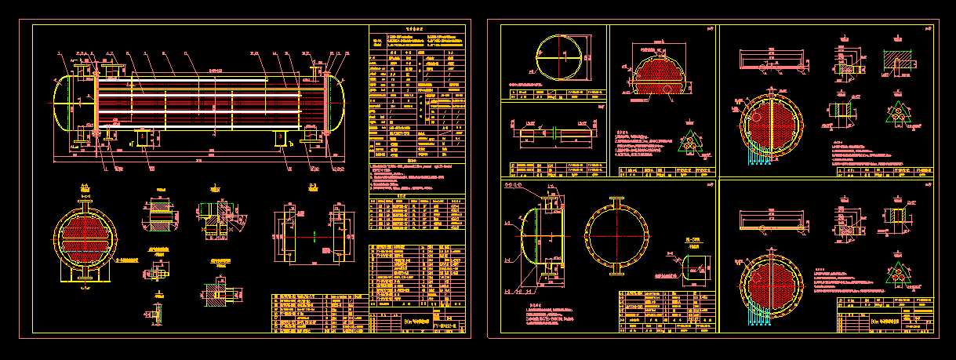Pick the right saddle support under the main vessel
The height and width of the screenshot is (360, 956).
281,138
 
